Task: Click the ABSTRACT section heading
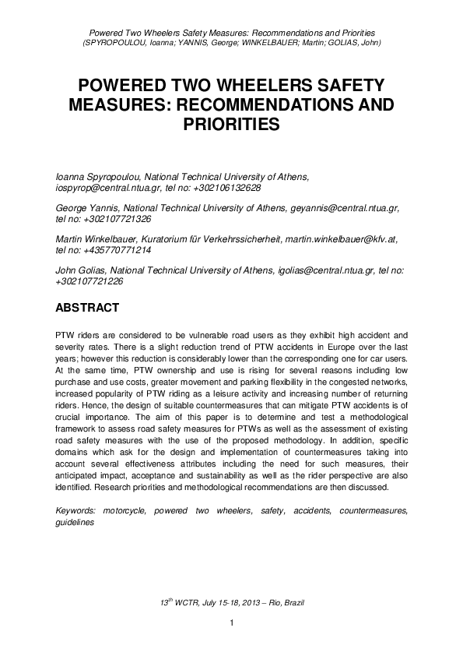coord(87,308)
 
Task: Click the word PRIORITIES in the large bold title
coord(231,124)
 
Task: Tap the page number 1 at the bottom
coord(231,622)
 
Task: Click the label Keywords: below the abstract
coord(78,510)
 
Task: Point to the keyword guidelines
coord(75,522)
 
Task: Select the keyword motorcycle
coord(124,510)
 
